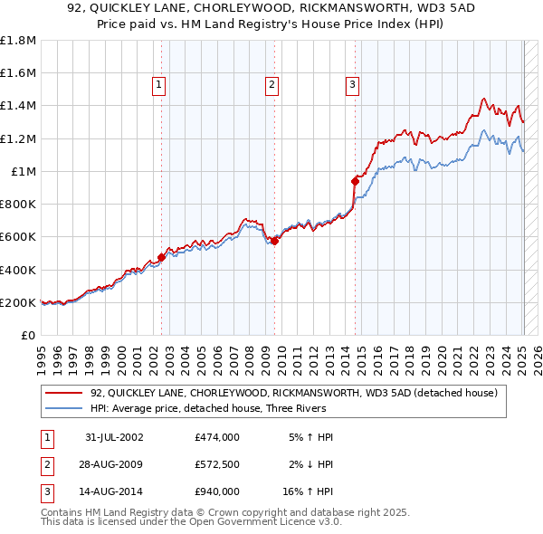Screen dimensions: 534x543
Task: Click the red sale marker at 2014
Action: (x=356, y=180)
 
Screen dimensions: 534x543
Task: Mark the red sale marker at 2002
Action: (x=162, y=257)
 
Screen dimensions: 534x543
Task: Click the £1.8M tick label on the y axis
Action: (x=17, y=41)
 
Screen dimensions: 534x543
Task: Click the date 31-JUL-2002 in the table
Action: (x=114, y=437)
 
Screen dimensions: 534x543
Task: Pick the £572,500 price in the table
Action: (x=216, y=464)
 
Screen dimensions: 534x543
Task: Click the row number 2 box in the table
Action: (x=44, y=464)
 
